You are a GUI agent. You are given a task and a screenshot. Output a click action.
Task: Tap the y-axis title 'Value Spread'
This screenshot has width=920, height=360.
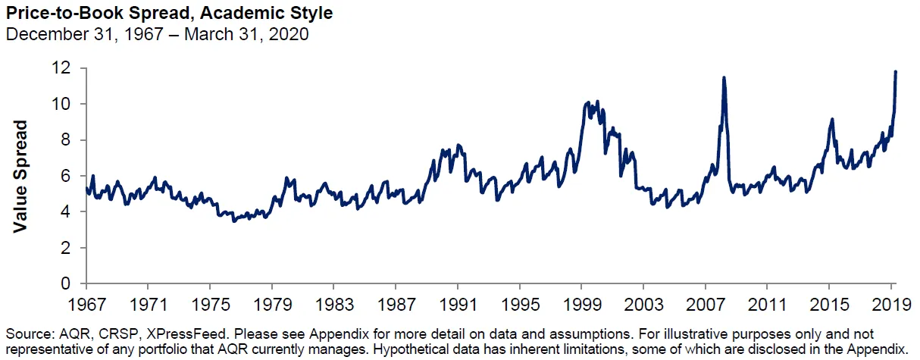21,176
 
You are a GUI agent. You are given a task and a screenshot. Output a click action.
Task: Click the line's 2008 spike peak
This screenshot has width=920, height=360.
724,77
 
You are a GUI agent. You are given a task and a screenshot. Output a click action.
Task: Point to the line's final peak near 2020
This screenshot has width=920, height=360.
896,72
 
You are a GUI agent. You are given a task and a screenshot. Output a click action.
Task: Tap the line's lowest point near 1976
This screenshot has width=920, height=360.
233,221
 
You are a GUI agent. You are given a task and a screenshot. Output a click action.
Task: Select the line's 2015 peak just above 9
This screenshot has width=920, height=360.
832,119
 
